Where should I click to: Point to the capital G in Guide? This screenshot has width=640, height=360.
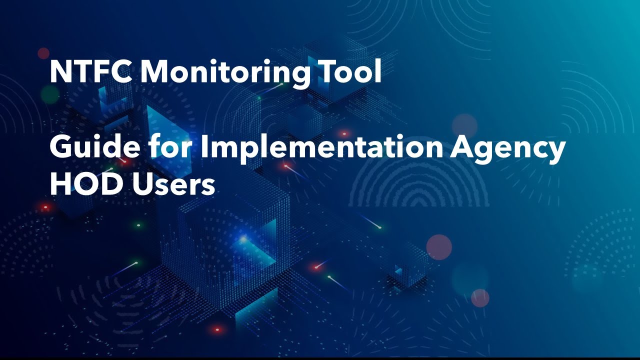(x=60, y=148)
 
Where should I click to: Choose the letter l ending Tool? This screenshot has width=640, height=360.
(x=378, y=71)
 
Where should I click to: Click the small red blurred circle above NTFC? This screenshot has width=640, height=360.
(x=44, y=53)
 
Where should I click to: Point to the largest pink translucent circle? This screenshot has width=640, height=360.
(x=439, y=247)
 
